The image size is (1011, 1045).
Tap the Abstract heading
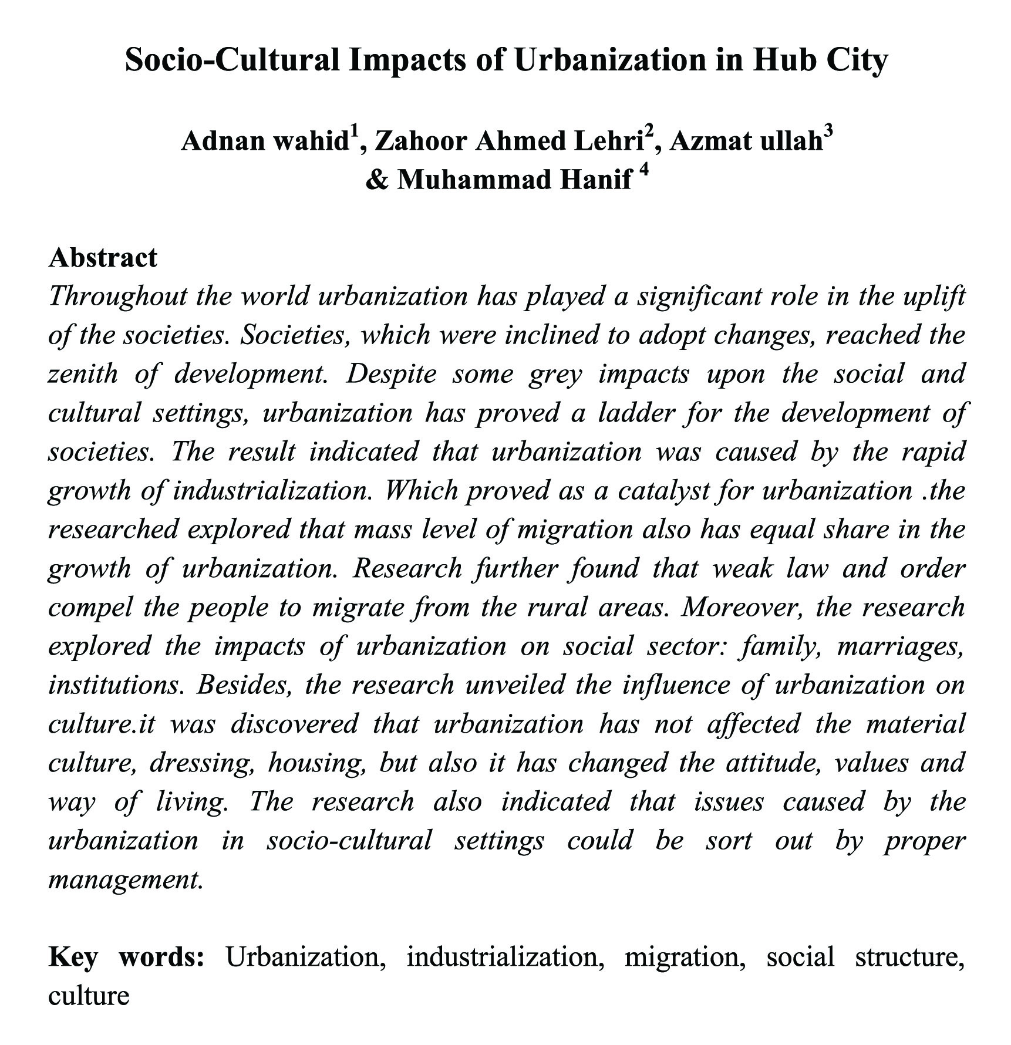pos(103,258)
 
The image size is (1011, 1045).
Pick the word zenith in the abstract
pos(83,374)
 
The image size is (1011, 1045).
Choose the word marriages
pos(901,646)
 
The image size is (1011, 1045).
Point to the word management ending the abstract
pos(125,879)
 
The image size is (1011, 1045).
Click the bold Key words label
pos(126,958)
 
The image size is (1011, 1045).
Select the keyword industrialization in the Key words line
pos(505,958)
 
